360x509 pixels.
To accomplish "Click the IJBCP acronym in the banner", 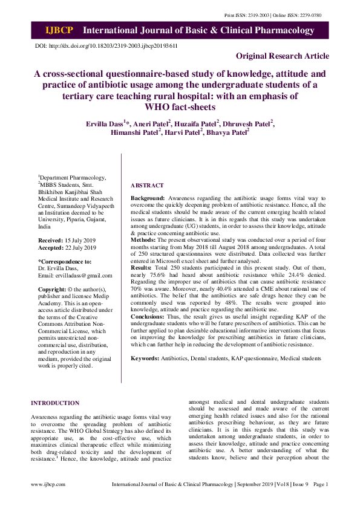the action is [x=59, y=31].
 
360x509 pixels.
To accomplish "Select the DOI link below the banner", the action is [x=115, y=46].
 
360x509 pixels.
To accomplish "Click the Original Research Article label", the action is [x=283, y=56].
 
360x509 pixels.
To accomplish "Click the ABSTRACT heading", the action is [x=147, y=185].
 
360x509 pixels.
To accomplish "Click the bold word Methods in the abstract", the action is [x=144, y=239].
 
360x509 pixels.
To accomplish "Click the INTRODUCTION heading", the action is [x=55, y=403].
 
